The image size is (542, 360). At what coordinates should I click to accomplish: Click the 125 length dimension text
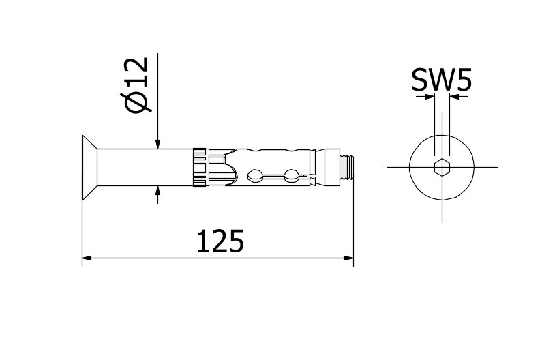[x=220, y=241]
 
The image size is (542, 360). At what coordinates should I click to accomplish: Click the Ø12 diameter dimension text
[x=136, y=85]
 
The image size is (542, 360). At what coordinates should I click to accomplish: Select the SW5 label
[x=440, y=80]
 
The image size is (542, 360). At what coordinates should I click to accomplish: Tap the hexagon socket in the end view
[x=442, y=167]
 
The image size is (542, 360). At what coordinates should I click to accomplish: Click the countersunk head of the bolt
[x=89, y=167]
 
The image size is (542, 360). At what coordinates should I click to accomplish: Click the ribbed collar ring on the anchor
[x=200, y=167]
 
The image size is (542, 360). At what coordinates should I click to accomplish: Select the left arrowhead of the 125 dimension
[x=87, y=258]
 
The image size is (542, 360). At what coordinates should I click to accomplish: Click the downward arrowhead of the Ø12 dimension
[x=157, y=144]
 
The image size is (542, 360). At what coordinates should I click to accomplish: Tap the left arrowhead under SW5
[x=430, y=97]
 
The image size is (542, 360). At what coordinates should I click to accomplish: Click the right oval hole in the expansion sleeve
[x=291, y=175]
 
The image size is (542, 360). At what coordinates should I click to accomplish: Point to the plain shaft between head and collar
[x=143, y=167]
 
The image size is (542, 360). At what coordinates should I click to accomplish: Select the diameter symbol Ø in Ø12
[x=136, y=102]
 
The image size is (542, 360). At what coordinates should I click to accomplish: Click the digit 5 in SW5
[x=462, y=80]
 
